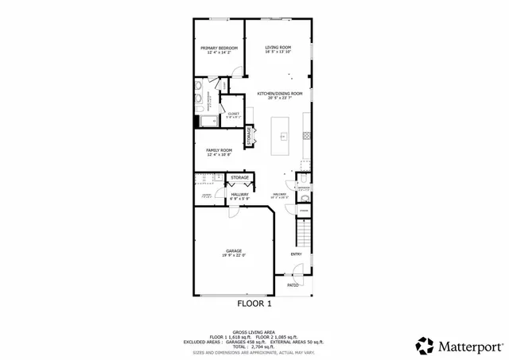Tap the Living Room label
[278, 48]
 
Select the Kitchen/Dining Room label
[279, 94]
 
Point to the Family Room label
[219, 150]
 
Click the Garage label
[233, 251]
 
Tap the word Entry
[296, 254]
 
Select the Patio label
[293, 284]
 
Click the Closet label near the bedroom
[233, 114]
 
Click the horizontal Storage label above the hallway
[239, 177]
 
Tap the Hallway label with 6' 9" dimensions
[239, 194]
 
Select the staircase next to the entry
[303, 233]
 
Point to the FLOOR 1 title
[254, 304]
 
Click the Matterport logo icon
[425, 346]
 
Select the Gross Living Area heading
[254, 331]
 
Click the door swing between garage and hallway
[231, 211]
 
